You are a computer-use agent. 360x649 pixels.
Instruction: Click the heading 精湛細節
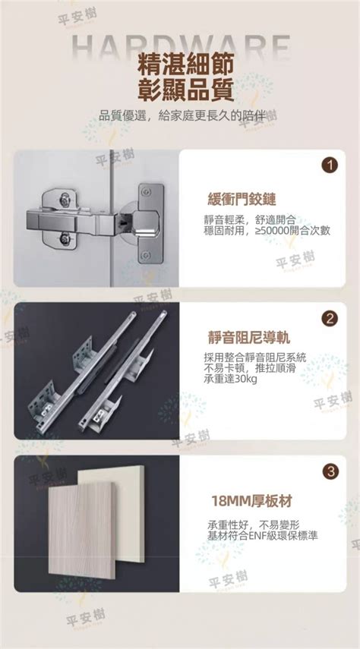179,62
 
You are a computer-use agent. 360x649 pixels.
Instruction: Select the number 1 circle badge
330,165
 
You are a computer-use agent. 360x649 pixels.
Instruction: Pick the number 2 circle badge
330,318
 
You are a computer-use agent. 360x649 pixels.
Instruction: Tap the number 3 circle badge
330,471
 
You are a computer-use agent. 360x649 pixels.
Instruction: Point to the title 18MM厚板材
248,501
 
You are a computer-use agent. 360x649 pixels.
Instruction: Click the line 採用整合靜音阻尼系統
255,356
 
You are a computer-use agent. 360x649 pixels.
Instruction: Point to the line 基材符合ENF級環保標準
262,535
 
